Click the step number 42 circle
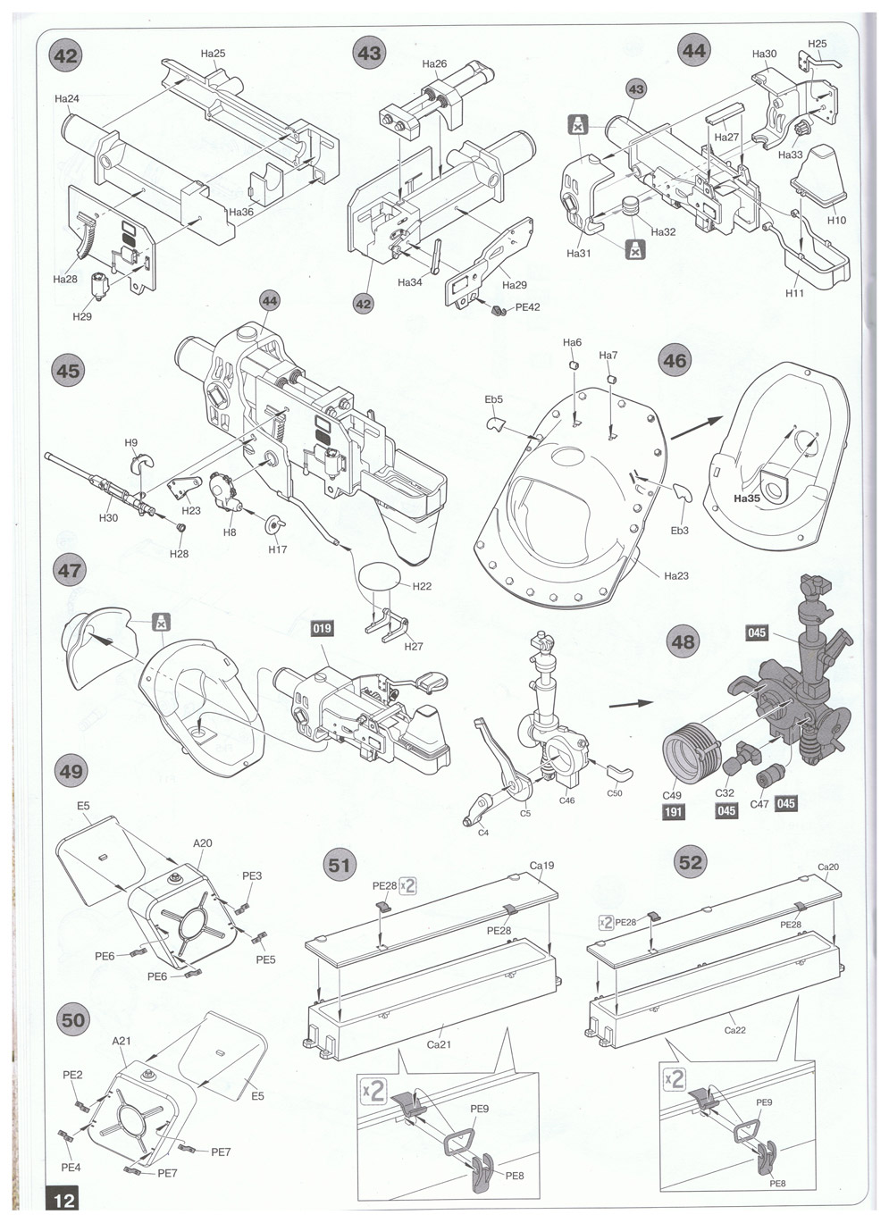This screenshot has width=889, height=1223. (x=67, y=56)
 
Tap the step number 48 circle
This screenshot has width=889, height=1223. (x=683, y=641)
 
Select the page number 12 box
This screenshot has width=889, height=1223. (x=64, y=1199)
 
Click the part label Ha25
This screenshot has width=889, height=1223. (x=213, y=54)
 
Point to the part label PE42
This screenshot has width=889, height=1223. (x=528, y=307)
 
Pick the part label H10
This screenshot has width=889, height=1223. (x=836, y=220)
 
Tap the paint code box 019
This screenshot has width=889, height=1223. (x=322, y=628)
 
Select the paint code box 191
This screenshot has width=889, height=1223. (x=674, y=811)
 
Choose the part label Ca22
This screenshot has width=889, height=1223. (x=735, y=1030)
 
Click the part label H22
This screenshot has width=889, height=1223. (x=422, y=586)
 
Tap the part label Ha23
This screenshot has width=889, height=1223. (x=676, y=575)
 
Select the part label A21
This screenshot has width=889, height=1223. (x=122, y=1041)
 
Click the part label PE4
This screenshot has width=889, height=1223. (x=71, y=1167)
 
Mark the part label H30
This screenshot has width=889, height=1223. (x=108, y=518)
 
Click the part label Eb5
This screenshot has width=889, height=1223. (x=494, y=399)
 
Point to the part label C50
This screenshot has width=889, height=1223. (x=615, y=793)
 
